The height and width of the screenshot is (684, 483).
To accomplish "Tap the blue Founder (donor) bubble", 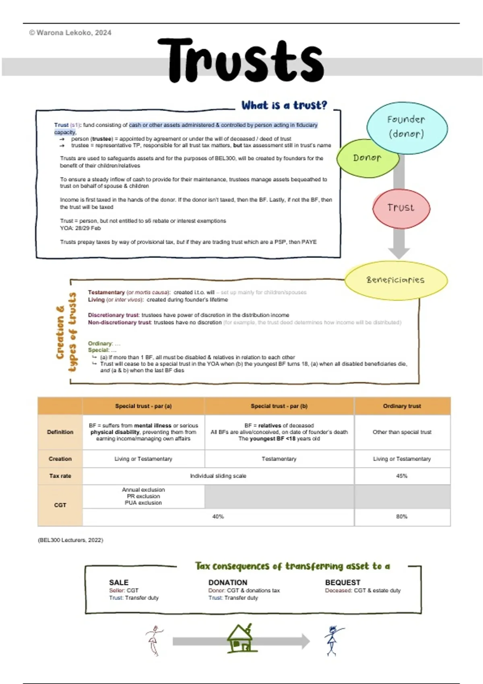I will click(407, 127).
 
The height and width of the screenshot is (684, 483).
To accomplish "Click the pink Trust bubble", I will click(401, 208).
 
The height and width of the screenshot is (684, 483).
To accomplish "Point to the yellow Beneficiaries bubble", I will click(396, 280).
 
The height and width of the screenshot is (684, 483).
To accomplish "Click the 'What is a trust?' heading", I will click(284, 105).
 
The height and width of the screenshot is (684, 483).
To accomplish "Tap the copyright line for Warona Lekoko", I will click(70, 33).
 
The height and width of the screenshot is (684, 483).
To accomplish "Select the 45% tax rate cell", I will click(402, 476).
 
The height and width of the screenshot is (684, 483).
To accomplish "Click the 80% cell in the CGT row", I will click(402, 517).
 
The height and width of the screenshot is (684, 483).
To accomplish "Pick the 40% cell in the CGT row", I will click(218, 517).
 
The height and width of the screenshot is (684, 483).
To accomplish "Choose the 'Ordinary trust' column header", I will click(402, 406).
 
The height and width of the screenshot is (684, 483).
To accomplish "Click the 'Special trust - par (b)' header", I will click(279, 406).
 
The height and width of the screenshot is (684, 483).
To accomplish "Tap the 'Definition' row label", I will click(60, 432).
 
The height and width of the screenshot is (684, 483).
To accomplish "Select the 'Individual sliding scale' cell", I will click(218, 476).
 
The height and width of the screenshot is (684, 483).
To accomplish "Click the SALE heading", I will click(119, 582).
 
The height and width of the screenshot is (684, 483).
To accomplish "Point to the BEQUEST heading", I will click(343, 582).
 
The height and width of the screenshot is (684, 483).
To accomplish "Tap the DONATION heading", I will click(228, 582).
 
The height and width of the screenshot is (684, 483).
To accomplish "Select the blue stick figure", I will click(332, 641).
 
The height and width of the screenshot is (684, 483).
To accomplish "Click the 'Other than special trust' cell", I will click(402, 432).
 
